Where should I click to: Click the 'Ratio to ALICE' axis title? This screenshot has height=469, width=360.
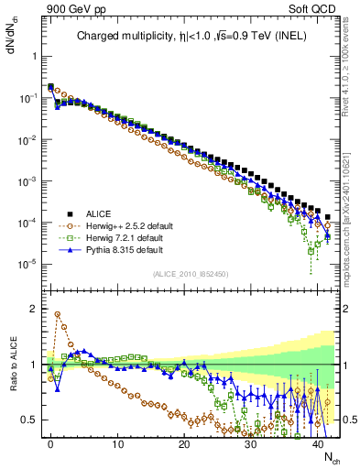click(11, 363)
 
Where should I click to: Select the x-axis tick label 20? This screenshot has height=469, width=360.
click(184, 442)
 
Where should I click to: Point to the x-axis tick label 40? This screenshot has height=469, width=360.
click(317, 442)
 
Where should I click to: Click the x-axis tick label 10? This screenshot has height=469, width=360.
click(117, 442)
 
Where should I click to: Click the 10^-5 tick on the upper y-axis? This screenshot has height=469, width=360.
click(30, 264)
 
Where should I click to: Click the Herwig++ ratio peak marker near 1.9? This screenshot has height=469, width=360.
click(58, 314)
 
